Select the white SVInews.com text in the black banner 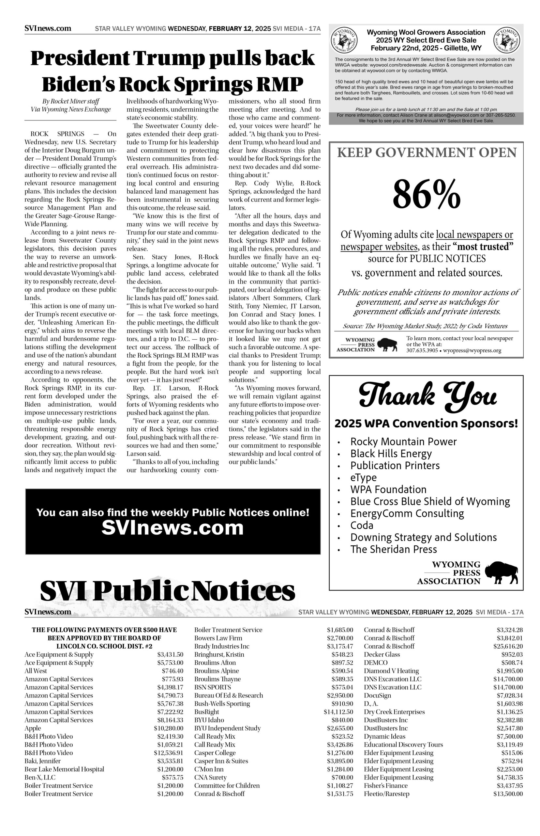(172, 528)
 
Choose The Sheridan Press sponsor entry (394, 549)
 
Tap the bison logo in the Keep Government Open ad (387, 345)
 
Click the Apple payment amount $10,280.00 (168, 728)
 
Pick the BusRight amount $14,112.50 (338, 712)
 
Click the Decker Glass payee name (382, 654)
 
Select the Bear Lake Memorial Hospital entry (64, 769)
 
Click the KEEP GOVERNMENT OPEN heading (427, 153)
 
